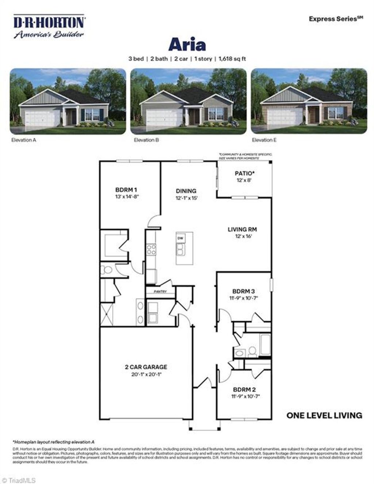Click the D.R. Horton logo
click(49, 26)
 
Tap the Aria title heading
click(187, 45)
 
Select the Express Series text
click(336, 19)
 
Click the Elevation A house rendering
click(68, 101)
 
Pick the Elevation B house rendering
click(188, 101)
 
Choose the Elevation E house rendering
click(309, 101)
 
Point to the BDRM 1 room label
click(126, 190)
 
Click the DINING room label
click(186, 191)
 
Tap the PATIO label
click(244, 173)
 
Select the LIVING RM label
click(242, 230)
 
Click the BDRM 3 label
click(244, 291)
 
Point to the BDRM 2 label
click(244, 389)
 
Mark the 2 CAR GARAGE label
click(146, 367)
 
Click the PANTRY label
click(160, 292)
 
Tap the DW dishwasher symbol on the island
click(180, 238)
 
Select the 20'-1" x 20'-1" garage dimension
click(146, 374)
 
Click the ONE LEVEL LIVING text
click(324, 415)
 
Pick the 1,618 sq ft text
click(232, 58)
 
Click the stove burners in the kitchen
click(151, 250)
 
